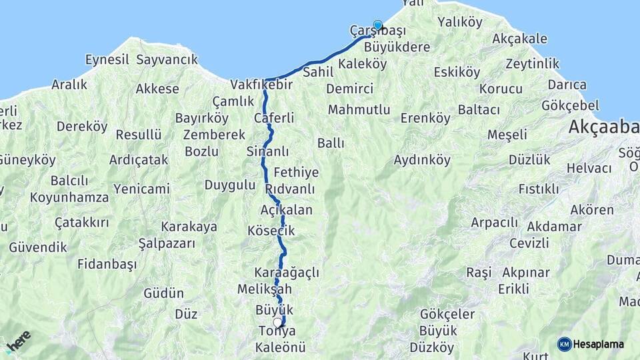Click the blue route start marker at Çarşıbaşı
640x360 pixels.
[x=378, y=25]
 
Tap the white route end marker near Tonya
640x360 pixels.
[x=277, y=323]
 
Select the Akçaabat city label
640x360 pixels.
[x=603, y=127]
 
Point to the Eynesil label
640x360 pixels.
[x=107, y=59]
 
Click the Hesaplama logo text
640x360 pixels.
[x=599, y=344]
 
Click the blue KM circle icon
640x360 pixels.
[x=564, y=344]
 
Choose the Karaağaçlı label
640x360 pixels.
[x=287, y=273]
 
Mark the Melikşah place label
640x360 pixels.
[x=265, y=289]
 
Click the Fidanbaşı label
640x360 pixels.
[x=107, y=264]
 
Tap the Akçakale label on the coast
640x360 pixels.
[x=519, y=39]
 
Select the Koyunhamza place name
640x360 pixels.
[x=69, y=197]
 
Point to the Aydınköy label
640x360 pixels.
[x=422, y=160]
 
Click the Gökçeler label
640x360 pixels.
[x=447, y=314]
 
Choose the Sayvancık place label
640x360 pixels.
[x=167, y=59]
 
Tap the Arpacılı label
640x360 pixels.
[x=494, y=222]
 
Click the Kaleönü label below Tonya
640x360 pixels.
[x=280, y=347]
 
